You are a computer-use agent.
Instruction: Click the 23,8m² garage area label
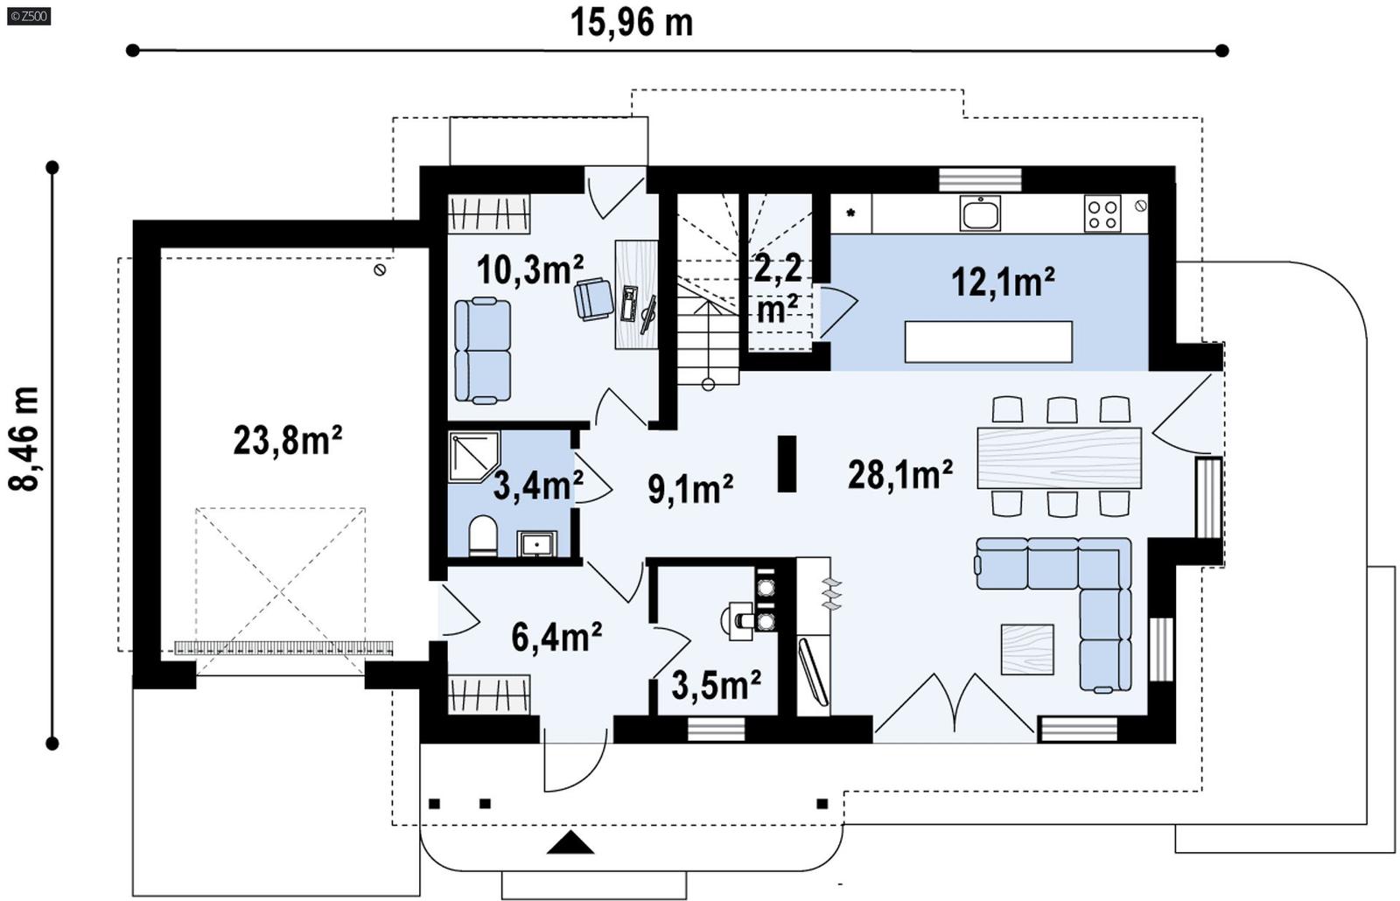pos(287,440)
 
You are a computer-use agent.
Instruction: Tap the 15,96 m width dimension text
pos(632,22)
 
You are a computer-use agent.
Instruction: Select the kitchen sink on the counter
pos(979,213)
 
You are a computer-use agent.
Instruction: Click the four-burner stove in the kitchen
pos(1102,213)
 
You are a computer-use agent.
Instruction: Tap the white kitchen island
pos(988,341)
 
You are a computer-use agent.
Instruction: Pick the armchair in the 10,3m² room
pos(594,298)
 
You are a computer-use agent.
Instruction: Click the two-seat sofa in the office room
pos(482,350)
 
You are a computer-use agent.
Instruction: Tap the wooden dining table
pos(1059,457)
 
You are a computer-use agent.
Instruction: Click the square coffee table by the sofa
pos(1027,649)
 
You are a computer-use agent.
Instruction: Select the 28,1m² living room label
pos(899,475)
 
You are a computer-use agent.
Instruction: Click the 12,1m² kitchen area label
pos(1002,282)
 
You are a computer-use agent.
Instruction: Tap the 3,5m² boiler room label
pos(715,685)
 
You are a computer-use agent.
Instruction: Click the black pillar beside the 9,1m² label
pos(787,464)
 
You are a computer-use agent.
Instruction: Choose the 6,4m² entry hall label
pos(556,637)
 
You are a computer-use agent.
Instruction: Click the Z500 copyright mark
pos(28,16)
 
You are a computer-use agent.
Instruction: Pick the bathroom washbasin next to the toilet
pos(535,543)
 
